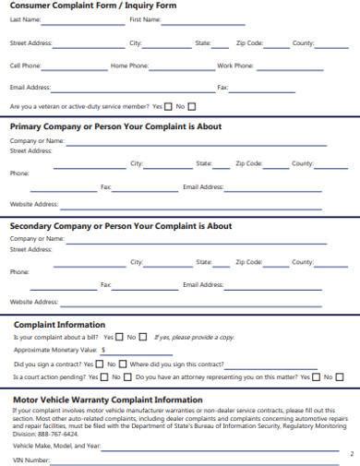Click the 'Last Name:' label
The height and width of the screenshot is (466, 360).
pos(26,19)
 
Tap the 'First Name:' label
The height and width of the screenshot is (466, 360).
pos(145,19)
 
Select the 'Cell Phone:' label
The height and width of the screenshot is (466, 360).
pos(26,66)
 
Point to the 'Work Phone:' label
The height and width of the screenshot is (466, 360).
pos(235,66)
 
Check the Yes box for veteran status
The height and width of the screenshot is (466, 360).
pos(168,106)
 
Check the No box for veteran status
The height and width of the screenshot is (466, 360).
pos(192,106)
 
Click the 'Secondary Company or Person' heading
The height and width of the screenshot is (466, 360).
pos(121,226)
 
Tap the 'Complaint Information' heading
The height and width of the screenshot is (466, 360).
pos(59,325)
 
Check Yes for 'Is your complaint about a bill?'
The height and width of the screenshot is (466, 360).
pos(119,337)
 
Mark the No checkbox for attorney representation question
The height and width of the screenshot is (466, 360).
pos(340,377)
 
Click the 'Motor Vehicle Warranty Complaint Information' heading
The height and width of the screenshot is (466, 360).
pos(106,400)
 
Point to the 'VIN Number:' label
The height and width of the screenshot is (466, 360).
pos(30,460)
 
